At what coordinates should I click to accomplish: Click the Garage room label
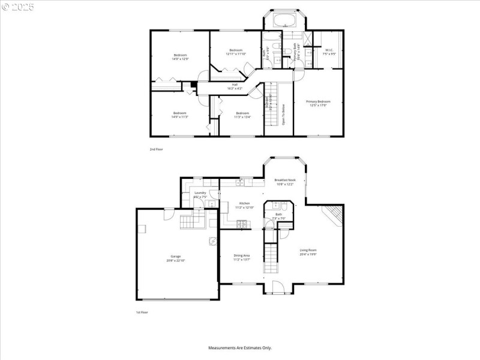coord(175,256)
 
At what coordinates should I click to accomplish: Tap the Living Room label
coord(308,250)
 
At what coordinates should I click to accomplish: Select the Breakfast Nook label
coord(285,180)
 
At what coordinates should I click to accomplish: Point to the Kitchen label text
coord(244,203)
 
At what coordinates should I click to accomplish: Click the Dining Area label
coord(242,256)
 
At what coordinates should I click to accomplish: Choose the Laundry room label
coord(200,193)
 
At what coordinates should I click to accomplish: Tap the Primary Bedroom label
coord(318,101)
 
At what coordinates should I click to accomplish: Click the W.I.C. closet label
coord(329,50)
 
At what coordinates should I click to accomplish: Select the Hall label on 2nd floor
coord(235,85)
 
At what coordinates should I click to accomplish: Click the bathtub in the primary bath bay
coord(283,21)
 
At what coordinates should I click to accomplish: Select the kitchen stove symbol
coord(242,224)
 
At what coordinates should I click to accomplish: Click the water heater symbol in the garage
coord(212,242)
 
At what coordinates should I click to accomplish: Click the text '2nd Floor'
coord(156,149)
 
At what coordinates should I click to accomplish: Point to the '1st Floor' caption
coord(142,313)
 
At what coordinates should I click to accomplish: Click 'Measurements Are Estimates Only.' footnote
coord(240,347)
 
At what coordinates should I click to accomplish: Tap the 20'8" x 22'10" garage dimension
coord(175,260)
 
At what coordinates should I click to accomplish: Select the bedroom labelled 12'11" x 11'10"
coord(235,52)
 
